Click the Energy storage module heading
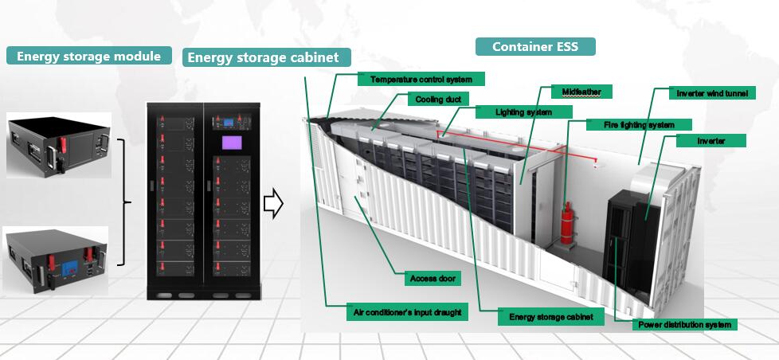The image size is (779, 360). (x=89, y=56)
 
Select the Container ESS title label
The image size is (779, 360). (x=535, y=46)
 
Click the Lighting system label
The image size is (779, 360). (x=523, y=112)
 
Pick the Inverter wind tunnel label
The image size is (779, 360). (x=711, y=93)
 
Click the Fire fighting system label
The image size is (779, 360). (x=640, y=124)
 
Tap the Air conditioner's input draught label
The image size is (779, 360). (x=406, y=313)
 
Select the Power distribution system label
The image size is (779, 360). (x=683, y=324)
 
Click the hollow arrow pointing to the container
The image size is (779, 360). (x=273, y=203)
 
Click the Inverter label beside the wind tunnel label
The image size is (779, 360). (x=710, y=140)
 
